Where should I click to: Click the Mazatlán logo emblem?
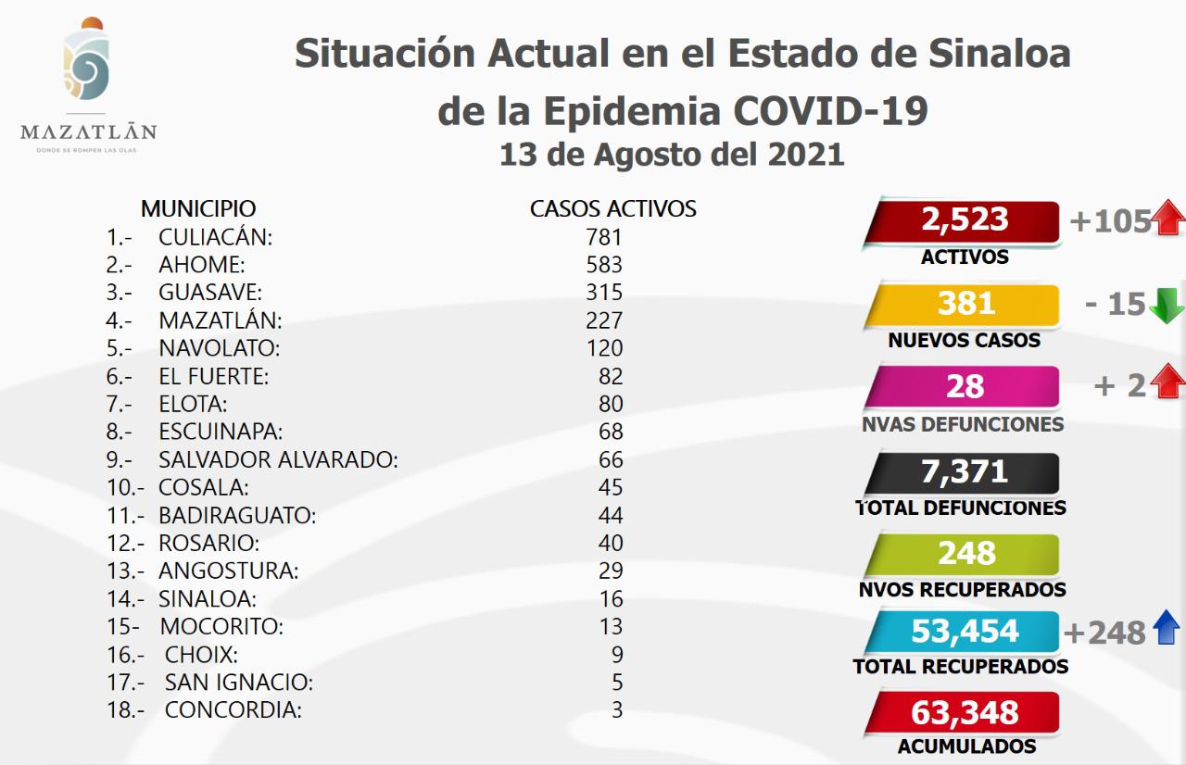click(x=88, y=65)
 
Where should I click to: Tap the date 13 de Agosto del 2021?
click(x=672, y=154)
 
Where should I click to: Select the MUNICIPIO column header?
click(x=198, y=208)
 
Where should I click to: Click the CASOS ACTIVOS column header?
click(x=612, y=208)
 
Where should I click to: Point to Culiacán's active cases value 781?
click(x=604, y=237)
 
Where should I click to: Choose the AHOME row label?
click(x=201, y=265)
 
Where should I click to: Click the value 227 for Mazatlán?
click(x=604, y=320)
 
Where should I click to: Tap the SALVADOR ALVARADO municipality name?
click(x=278, y=459)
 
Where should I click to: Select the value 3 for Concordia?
click(x=617, y=710)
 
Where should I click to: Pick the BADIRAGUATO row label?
click(x=237, y=515)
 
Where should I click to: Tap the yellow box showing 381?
click(x=964, y=305)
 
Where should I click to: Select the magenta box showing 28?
click(x=964, y=386)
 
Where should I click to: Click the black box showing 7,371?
click(x=964, y=471)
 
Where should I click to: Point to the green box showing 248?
click(x=964, y=554)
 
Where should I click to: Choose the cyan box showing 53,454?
click(x=964, y=632)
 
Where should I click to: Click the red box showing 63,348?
click(x=964, y=713)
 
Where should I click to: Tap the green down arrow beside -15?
click(x=1167, y=306)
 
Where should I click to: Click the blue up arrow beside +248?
click(x=1166, y=631)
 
